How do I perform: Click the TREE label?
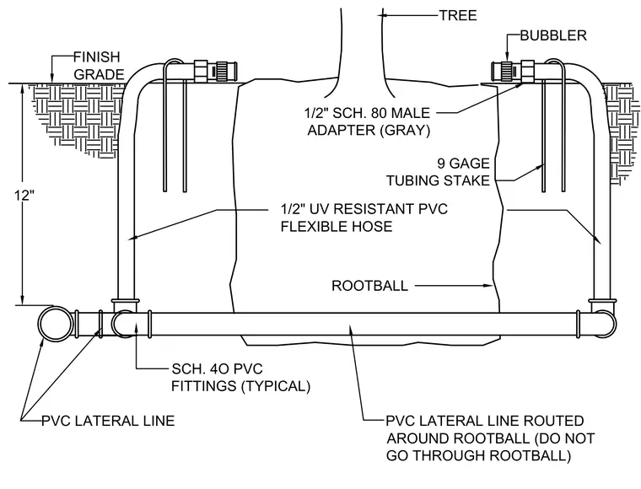point(458,15)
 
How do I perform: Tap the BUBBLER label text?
point(553,35)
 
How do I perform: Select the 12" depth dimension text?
point(23,196)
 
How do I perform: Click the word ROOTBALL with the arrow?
point(369,286)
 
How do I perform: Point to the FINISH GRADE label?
point(99,66)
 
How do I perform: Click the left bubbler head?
point(216,70)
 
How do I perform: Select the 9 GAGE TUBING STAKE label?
point(439,172)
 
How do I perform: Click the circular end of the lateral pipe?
point(54,325)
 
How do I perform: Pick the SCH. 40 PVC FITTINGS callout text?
point(240,378)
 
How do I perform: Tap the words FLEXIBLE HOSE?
point(337,226)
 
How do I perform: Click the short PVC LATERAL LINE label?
point(108,421)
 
